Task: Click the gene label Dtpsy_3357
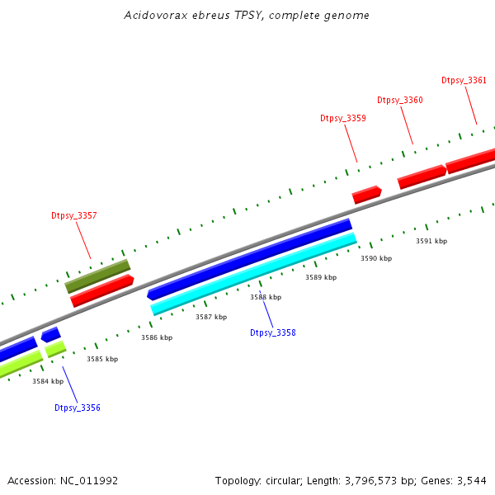tap(74, 215)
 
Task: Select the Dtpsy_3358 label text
tap(272, 332)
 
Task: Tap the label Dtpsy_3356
tap(78, 408)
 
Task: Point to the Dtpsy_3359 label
tap(343, 118)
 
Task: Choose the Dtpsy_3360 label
tap(400, 100)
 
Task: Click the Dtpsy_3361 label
tap(464, 80)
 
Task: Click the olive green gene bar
tap(97, 276)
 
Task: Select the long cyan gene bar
tap(253, 273)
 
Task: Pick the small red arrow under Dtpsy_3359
tap(366, 194)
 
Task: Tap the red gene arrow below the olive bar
tap(101, 290)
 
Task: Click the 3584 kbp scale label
tap(48, 381)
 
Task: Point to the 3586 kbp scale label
tap(157, 337)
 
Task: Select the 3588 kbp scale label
tap(266, 297)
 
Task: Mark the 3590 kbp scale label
tap(376, 258)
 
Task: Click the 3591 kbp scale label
tap(431, 241)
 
